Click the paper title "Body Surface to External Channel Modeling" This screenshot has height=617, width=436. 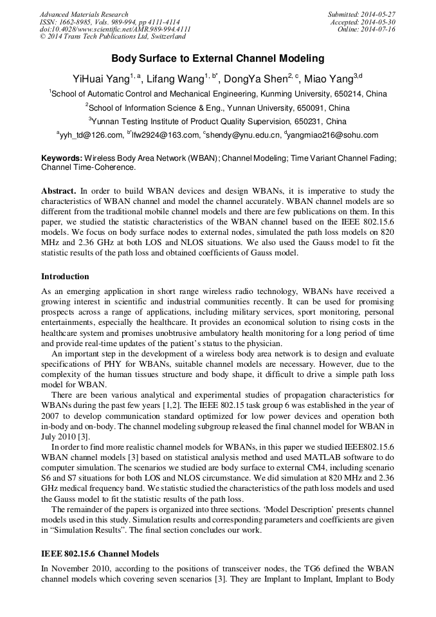218,59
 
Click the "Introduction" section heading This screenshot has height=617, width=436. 65,277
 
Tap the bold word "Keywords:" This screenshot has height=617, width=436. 62,158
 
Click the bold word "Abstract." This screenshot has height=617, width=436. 59,191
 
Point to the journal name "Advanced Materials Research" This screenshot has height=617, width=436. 84,14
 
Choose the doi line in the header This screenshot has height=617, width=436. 115,30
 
